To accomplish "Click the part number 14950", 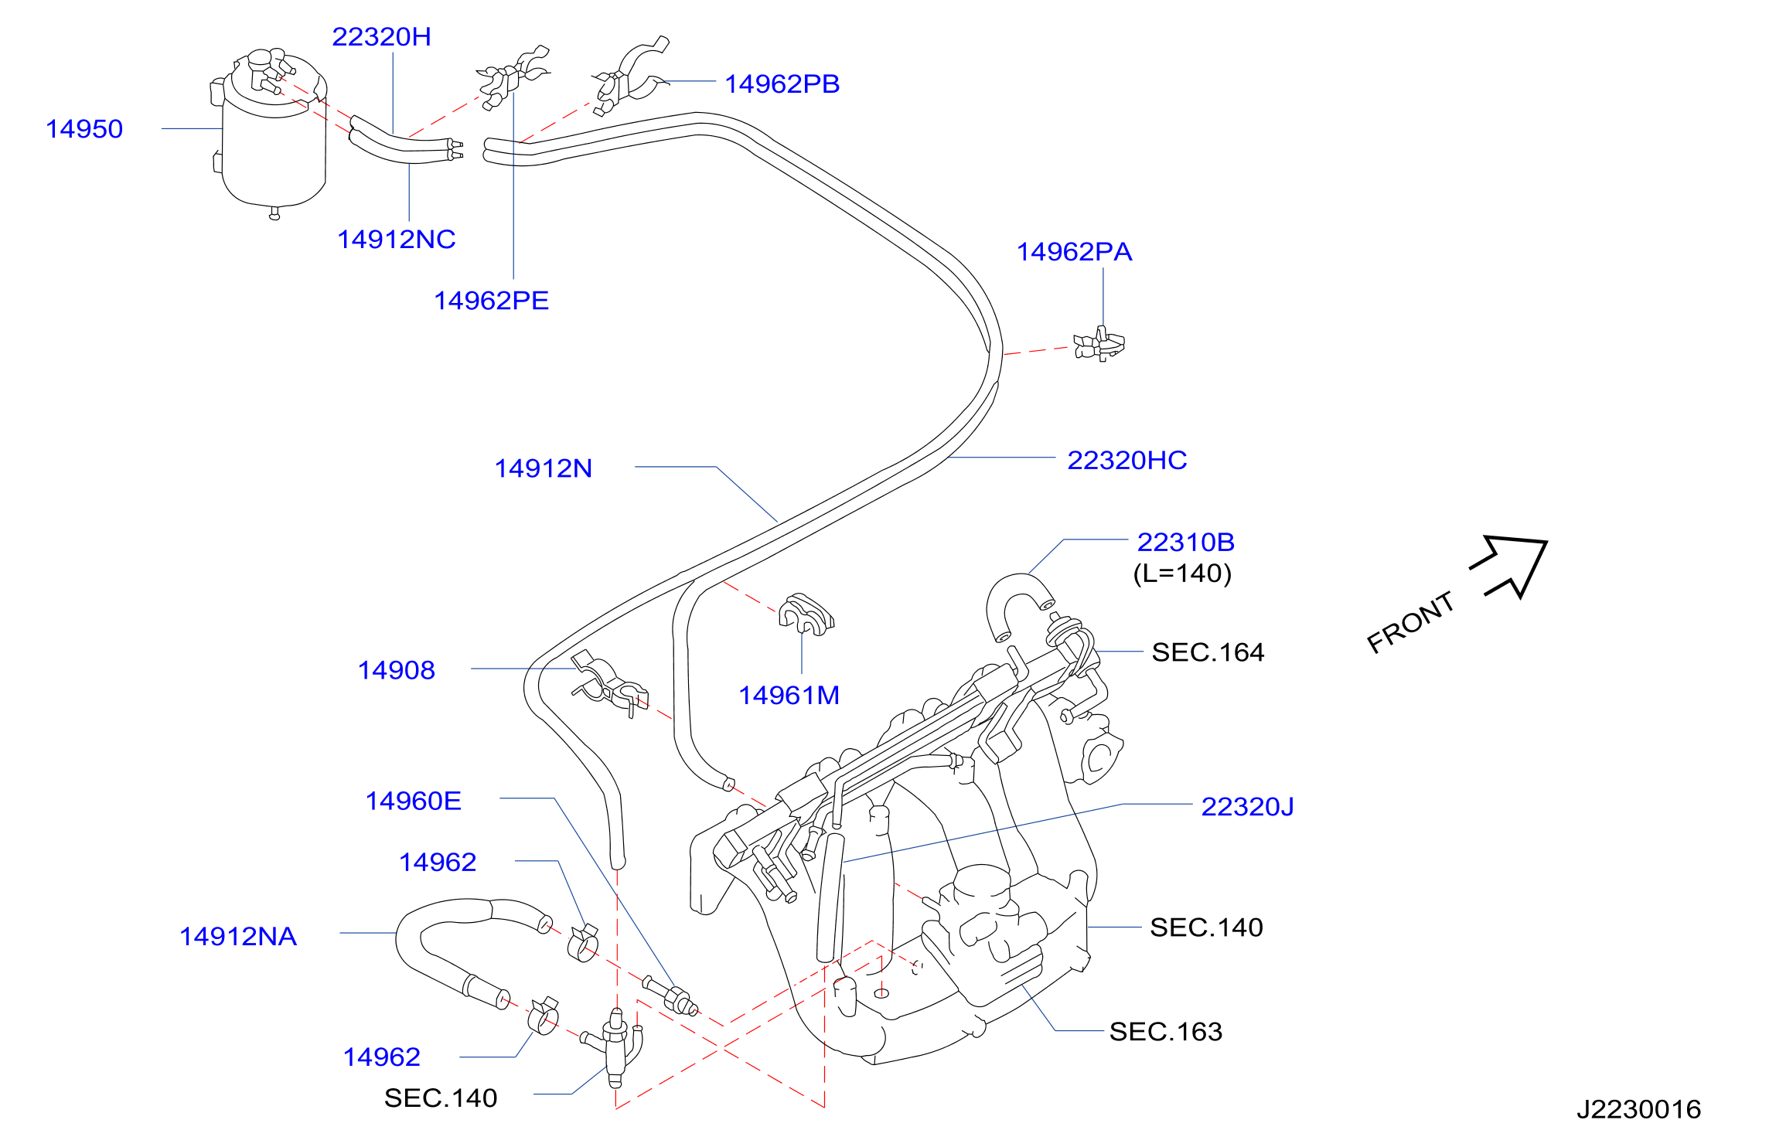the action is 84,129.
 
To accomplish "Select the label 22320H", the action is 381,36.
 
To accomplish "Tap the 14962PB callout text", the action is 782,83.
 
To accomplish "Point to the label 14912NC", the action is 396,239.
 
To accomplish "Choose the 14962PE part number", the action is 491,300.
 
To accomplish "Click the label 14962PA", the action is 1074,251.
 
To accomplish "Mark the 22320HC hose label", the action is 1127,460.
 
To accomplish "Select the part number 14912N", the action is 543,468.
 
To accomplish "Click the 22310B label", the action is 1185,542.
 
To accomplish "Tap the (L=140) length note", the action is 1182,573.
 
